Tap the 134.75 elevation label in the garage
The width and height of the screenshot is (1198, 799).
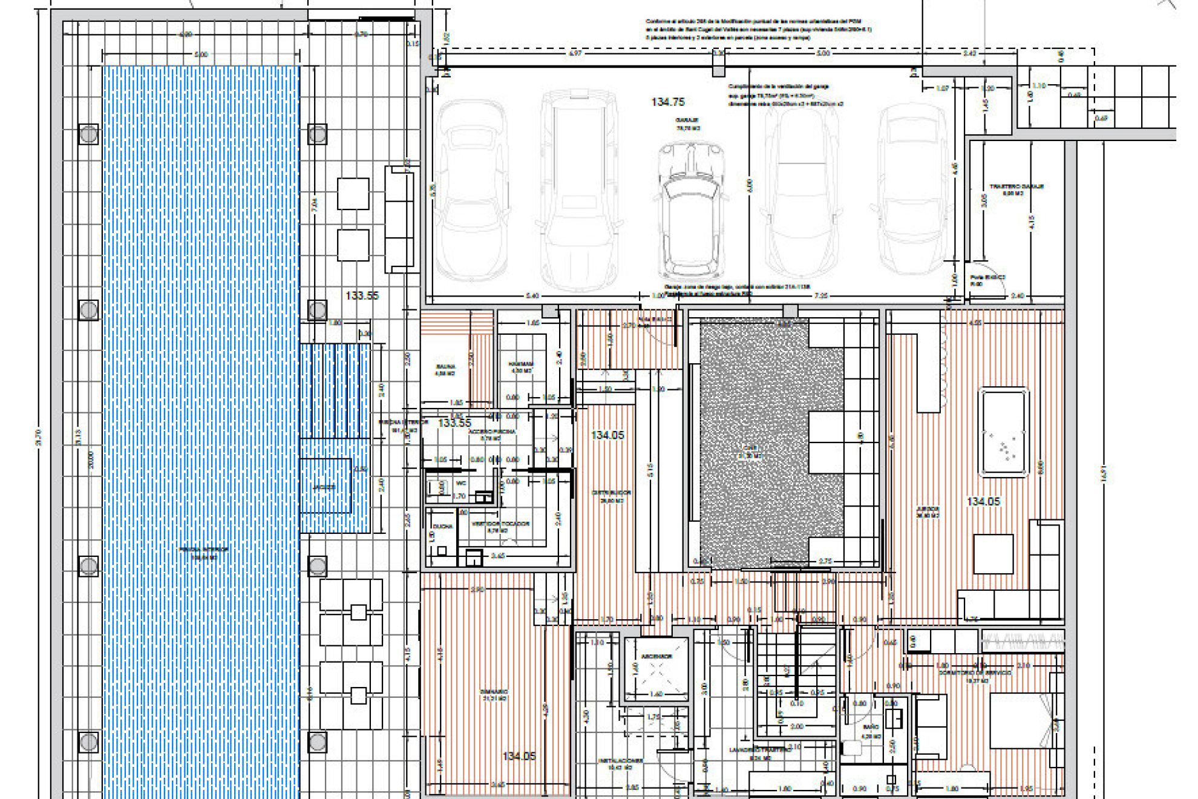pyautogui.click(x=667, y=102)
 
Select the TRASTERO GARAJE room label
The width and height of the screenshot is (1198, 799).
pyautogui.click(x=1016, y=186)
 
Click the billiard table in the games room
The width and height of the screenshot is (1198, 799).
pyautogui.click(x=1004, y=432)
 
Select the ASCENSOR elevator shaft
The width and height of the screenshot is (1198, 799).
pyautogui.click(x=656, y=669)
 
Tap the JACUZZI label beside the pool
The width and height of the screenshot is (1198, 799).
pyautogui.click(x=324, y=487)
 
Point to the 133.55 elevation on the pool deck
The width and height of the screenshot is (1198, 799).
pyautogui.click(x=362, y=295)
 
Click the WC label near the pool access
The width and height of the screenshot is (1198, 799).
pyautogui.click(x=461, y=484)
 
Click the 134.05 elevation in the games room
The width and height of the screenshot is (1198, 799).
pyautogui.click(x=983, y=502)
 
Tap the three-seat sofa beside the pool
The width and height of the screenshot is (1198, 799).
pyautogui.click(x=399, y=219)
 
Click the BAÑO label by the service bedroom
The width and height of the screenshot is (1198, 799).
pyautogui.click(x=871, y=726)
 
